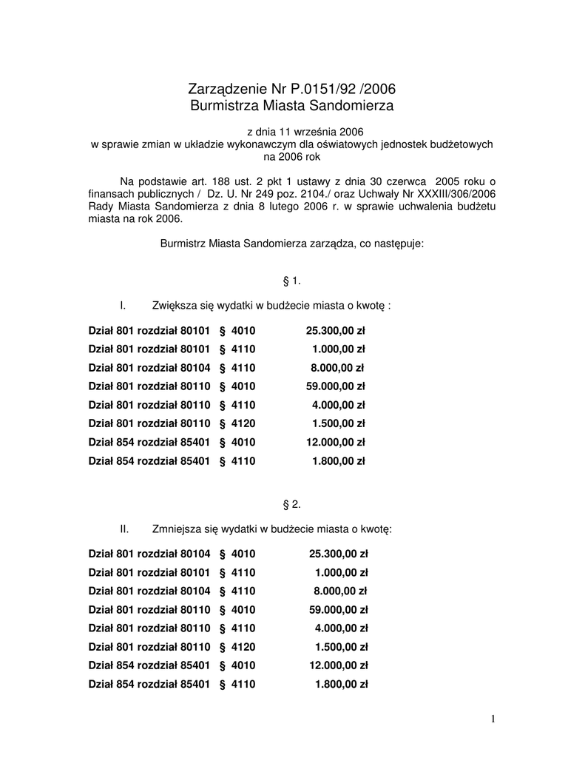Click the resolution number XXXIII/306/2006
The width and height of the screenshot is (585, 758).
pyautogui.click(x=453, y=194)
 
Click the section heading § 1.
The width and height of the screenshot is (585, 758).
pyautogui.click(x=292, y=281)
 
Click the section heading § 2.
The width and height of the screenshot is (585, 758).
pyautogui.click(x=292, y=504)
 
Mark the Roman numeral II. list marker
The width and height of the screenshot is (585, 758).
pyautogui.click(x=125, y=529)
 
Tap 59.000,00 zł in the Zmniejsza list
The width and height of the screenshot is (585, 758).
pyautogui.click(x=338, y=610)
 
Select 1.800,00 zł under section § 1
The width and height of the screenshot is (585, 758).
pyautogui.click(x=338, y=460)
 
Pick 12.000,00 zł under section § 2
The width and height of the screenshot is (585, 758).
pyautogui.click(x=338, y=665)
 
